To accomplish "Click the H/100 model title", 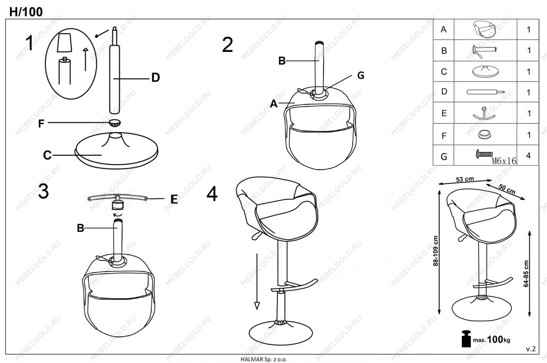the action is tap(26, 11).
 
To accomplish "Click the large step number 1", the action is tap(30, 43).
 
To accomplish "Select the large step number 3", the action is tap(43, 191).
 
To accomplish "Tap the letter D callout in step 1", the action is tap(156, 78).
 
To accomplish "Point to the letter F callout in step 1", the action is tap(41, 124).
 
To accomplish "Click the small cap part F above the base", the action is tap(115, 122).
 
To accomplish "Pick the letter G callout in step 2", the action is tap(361, 75).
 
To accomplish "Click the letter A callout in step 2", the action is tap(274, 103).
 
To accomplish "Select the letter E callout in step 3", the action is tap(174, 199).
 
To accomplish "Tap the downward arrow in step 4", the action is tap(257, 281).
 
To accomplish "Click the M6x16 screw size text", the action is tap(504, 161).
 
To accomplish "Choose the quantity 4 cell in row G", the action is tap(528, 155).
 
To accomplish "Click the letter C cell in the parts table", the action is tap(444, 72).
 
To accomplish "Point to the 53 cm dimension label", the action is tap(465, 179).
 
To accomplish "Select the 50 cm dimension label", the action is tap(507, 188).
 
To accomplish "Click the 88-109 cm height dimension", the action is tap(436, 251).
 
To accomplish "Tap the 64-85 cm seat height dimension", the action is tap(526, 273).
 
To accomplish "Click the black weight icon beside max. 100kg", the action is tap(466, 338).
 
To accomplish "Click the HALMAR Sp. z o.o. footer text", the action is tap(264, 359).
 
